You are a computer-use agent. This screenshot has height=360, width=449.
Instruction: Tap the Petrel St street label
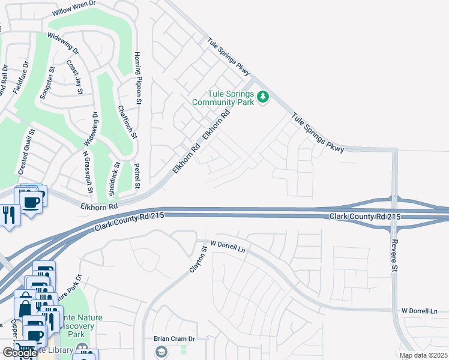pos(137,176)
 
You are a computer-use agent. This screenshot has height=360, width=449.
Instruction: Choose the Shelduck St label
pos(111,178)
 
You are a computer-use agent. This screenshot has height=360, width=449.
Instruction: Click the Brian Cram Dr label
pos(175,338)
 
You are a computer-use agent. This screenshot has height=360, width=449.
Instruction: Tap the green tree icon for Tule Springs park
pos(262,97)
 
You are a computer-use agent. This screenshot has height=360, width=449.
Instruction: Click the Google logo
pos(20,353)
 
